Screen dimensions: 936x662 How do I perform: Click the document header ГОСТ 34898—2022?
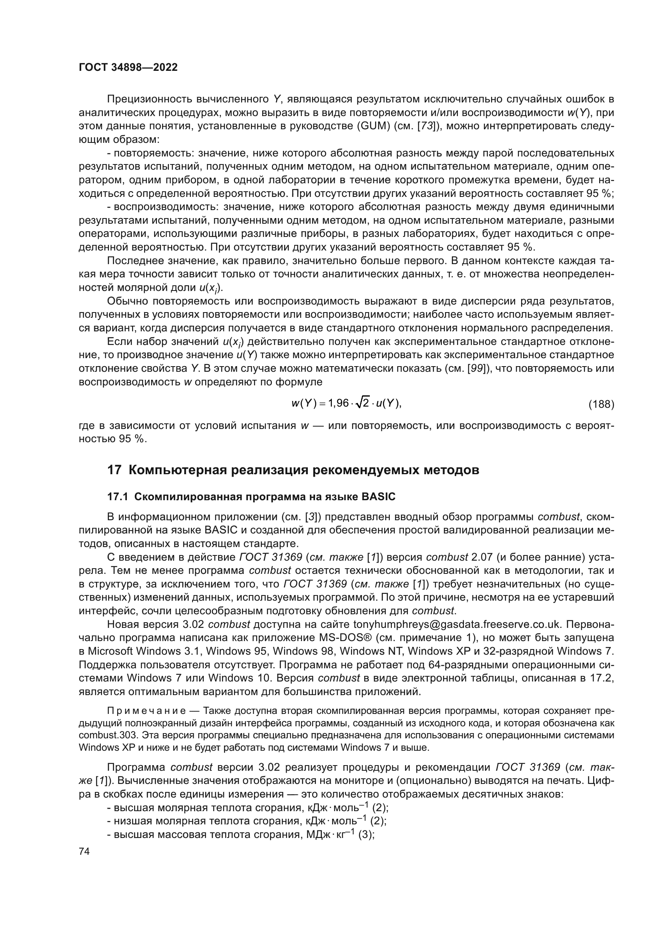pos(128,68)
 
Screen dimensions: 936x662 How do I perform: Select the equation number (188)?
pos(601,404)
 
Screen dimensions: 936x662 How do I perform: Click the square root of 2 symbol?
pos(361,403)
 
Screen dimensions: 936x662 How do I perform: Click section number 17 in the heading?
pos(114,470)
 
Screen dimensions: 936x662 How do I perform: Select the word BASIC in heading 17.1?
pos(378,497)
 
